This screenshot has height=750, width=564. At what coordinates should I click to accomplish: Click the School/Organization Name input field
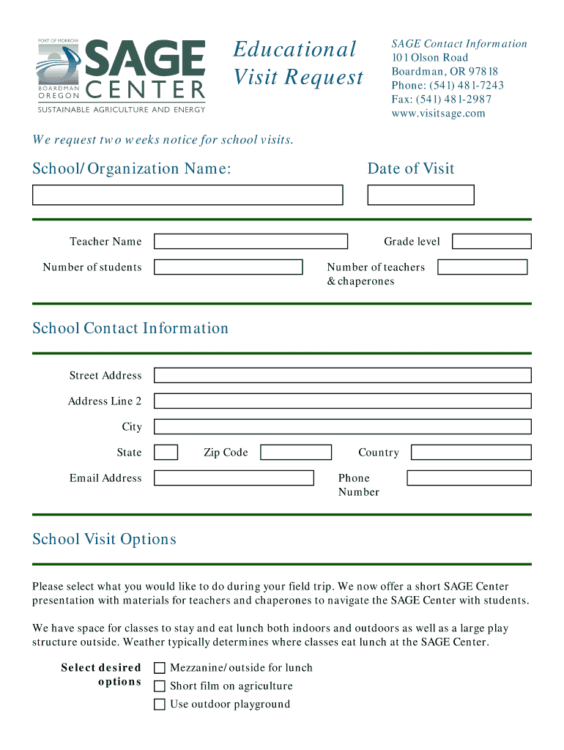pos(188,195)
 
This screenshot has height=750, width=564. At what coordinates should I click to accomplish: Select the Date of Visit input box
pos(420,195)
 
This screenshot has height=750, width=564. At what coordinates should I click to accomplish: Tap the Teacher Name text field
pos(251,242)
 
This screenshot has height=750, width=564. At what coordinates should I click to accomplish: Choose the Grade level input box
pos(491,242)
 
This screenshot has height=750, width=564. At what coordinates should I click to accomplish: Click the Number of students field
pos(228,267)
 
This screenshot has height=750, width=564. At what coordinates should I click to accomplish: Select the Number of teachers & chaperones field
pos(482,267)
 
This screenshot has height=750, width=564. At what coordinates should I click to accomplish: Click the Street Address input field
pos(342,376)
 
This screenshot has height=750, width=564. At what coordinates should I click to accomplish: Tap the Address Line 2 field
pos(342,401)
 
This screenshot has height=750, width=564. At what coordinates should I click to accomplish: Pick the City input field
pos(342,427)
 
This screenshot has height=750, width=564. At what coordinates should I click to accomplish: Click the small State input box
pos(166,453)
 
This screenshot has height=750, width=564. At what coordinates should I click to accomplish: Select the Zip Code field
pos(296,453)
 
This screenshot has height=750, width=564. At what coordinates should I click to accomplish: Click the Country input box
pos(471,453)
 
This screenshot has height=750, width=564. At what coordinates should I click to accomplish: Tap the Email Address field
pos(234,478)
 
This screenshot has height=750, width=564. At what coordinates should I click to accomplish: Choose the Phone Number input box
pos(469,478)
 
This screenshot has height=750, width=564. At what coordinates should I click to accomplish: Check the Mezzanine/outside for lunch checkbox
pos(159,668)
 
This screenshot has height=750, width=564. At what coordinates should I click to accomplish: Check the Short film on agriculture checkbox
pos(159,686)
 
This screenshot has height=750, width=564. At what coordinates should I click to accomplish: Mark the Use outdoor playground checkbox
pos(159,705)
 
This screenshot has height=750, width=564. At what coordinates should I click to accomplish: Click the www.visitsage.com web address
pos(438,114)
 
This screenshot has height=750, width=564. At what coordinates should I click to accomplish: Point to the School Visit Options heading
pos(104,540)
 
